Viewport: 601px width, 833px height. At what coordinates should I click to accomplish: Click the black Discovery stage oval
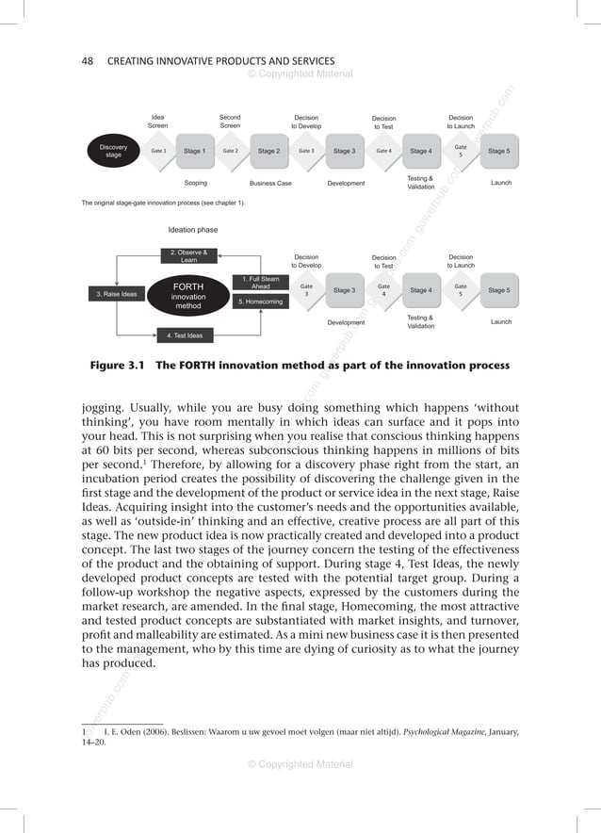click(113, 152)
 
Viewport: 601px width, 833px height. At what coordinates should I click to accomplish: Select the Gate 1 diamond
click(158, 151)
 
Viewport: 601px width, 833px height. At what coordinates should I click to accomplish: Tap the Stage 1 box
click(195, 151)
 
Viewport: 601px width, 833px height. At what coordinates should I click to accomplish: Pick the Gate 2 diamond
click(230, 151)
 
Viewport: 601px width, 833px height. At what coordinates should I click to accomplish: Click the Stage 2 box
click(268, 151)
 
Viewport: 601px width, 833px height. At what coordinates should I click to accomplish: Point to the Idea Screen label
click(157, 122)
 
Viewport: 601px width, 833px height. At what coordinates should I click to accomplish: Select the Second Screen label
click(230, 122)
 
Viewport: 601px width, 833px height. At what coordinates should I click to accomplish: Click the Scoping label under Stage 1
click(196, 183)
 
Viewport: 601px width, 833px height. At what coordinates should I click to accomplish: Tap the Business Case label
click(270, 183)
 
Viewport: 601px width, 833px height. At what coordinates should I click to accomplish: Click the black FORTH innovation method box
click(188, 294)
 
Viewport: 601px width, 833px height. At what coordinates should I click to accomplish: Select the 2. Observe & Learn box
click(188, 256)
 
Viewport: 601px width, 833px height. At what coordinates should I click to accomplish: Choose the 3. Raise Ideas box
click(117, 294)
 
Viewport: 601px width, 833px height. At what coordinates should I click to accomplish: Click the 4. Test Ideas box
click(188, 335)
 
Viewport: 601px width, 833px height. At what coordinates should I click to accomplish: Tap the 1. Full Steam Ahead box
click(261, 283)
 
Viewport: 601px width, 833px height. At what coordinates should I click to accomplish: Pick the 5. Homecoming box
click(261, 302)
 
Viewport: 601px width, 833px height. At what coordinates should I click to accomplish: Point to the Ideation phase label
click(192, 230)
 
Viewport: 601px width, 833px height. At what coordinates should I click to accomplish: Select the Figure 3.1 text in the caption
click(122, 366)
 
